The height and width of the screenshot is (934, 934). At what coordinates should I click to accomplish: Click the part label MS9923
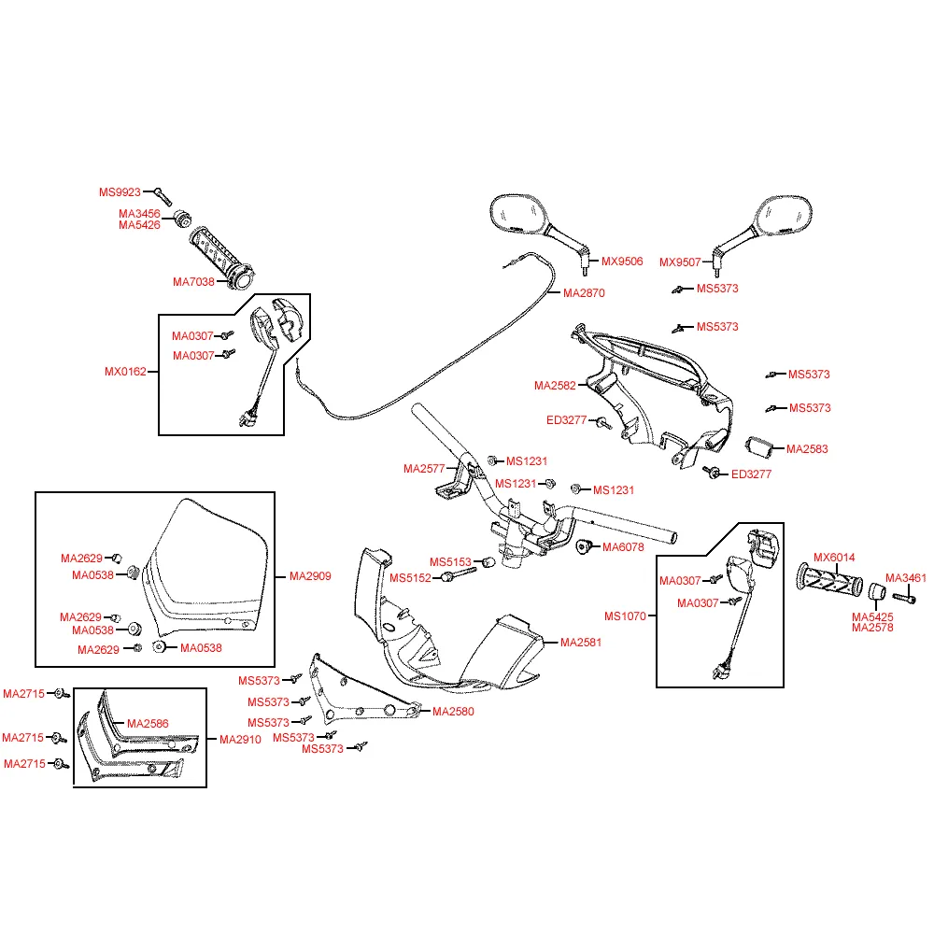pyautogui.click(x=120, y=192)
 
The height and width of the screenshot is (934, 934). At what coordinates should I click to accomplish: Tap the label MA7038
pyautogui.click(x=193, y=282)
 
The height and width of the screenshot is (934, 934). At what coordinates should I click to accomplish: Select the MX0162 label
pyautogui.click(x=125, y=372)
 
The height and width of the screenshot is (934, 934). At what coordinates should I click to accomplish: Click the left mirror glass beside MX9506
pyautogui.click(x=517, y=213)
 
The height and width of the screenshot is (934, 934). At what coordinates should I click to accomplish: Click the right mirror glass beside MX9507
pyautogui.click(x=785, y=215)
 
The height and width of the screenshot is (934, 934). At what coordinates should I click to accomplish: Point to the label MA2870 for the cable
pyautogui.click(x=584, y=293)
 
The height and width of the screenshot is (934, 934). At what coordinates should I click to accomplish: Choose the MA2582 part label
pyautogui.click(x=555, y=386)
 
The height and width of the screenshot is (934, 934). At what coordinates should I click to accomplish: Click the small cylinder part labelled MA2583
pyautogui.click(x=758, y=446)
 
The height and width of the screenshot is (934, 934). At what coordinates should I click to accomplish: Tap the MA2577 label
pyautogui.click(x=424, y=469)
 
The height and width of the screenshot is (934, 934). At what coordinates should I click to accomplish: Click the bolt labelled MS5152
pyautogui.click(x=459, y=574)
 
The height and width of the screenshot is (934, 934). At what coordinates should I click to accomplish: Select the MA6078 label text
pyautogui.click(x=623, y=547)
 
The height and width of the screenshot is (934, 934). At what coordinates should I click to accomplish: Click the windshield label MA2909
pyautogui.click(x=310, y=576)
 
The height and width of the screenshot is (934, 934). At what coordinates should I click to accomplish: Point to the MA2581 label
pyautogui.click(x=581, y=643)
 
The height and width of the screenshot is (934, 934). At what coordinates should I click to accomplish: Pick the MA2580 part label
pyautogui.click(x=453, y=711)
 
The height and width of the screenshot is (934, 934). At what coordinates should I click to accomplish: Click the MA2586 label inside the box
pyautogui.click(x=148, y=724)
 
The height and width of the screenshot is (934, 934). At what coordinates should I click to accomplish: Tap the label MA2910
pyautogui.click(x=240, y=740)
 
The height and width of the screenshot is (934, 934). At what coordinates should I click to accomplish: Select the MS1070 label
pyautogui.click(x=625, y=616)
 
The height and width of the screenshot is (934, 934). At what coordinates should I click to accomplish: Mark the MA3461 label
pyautogui.click(x=906, y=578)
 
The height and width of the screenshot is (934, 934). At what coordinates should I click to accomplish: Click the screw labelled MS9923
pyautogui.click(x=163, y=197)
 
